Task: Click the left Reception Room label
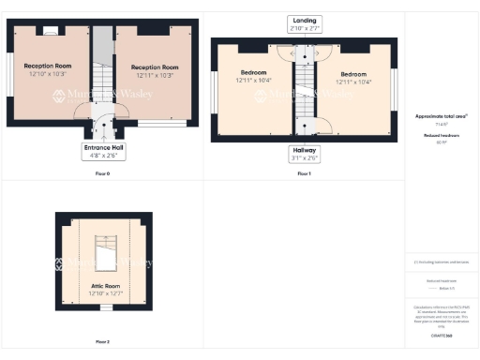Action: [50, 66]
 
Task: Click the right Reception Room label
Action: [154, 67]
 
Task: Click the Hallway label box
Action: [305, 153]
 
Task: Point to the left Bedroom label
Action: [253, 73]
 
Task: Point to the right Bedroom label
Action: [353, 73]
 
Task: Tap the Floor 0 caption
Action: [102, 174]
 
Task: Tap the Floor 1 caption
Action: [304, 174]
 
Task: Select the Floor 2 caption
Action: [102, 341]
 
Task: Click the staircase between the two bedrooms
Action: [304, 89]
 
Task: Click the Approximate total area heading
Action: [441, 116]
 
